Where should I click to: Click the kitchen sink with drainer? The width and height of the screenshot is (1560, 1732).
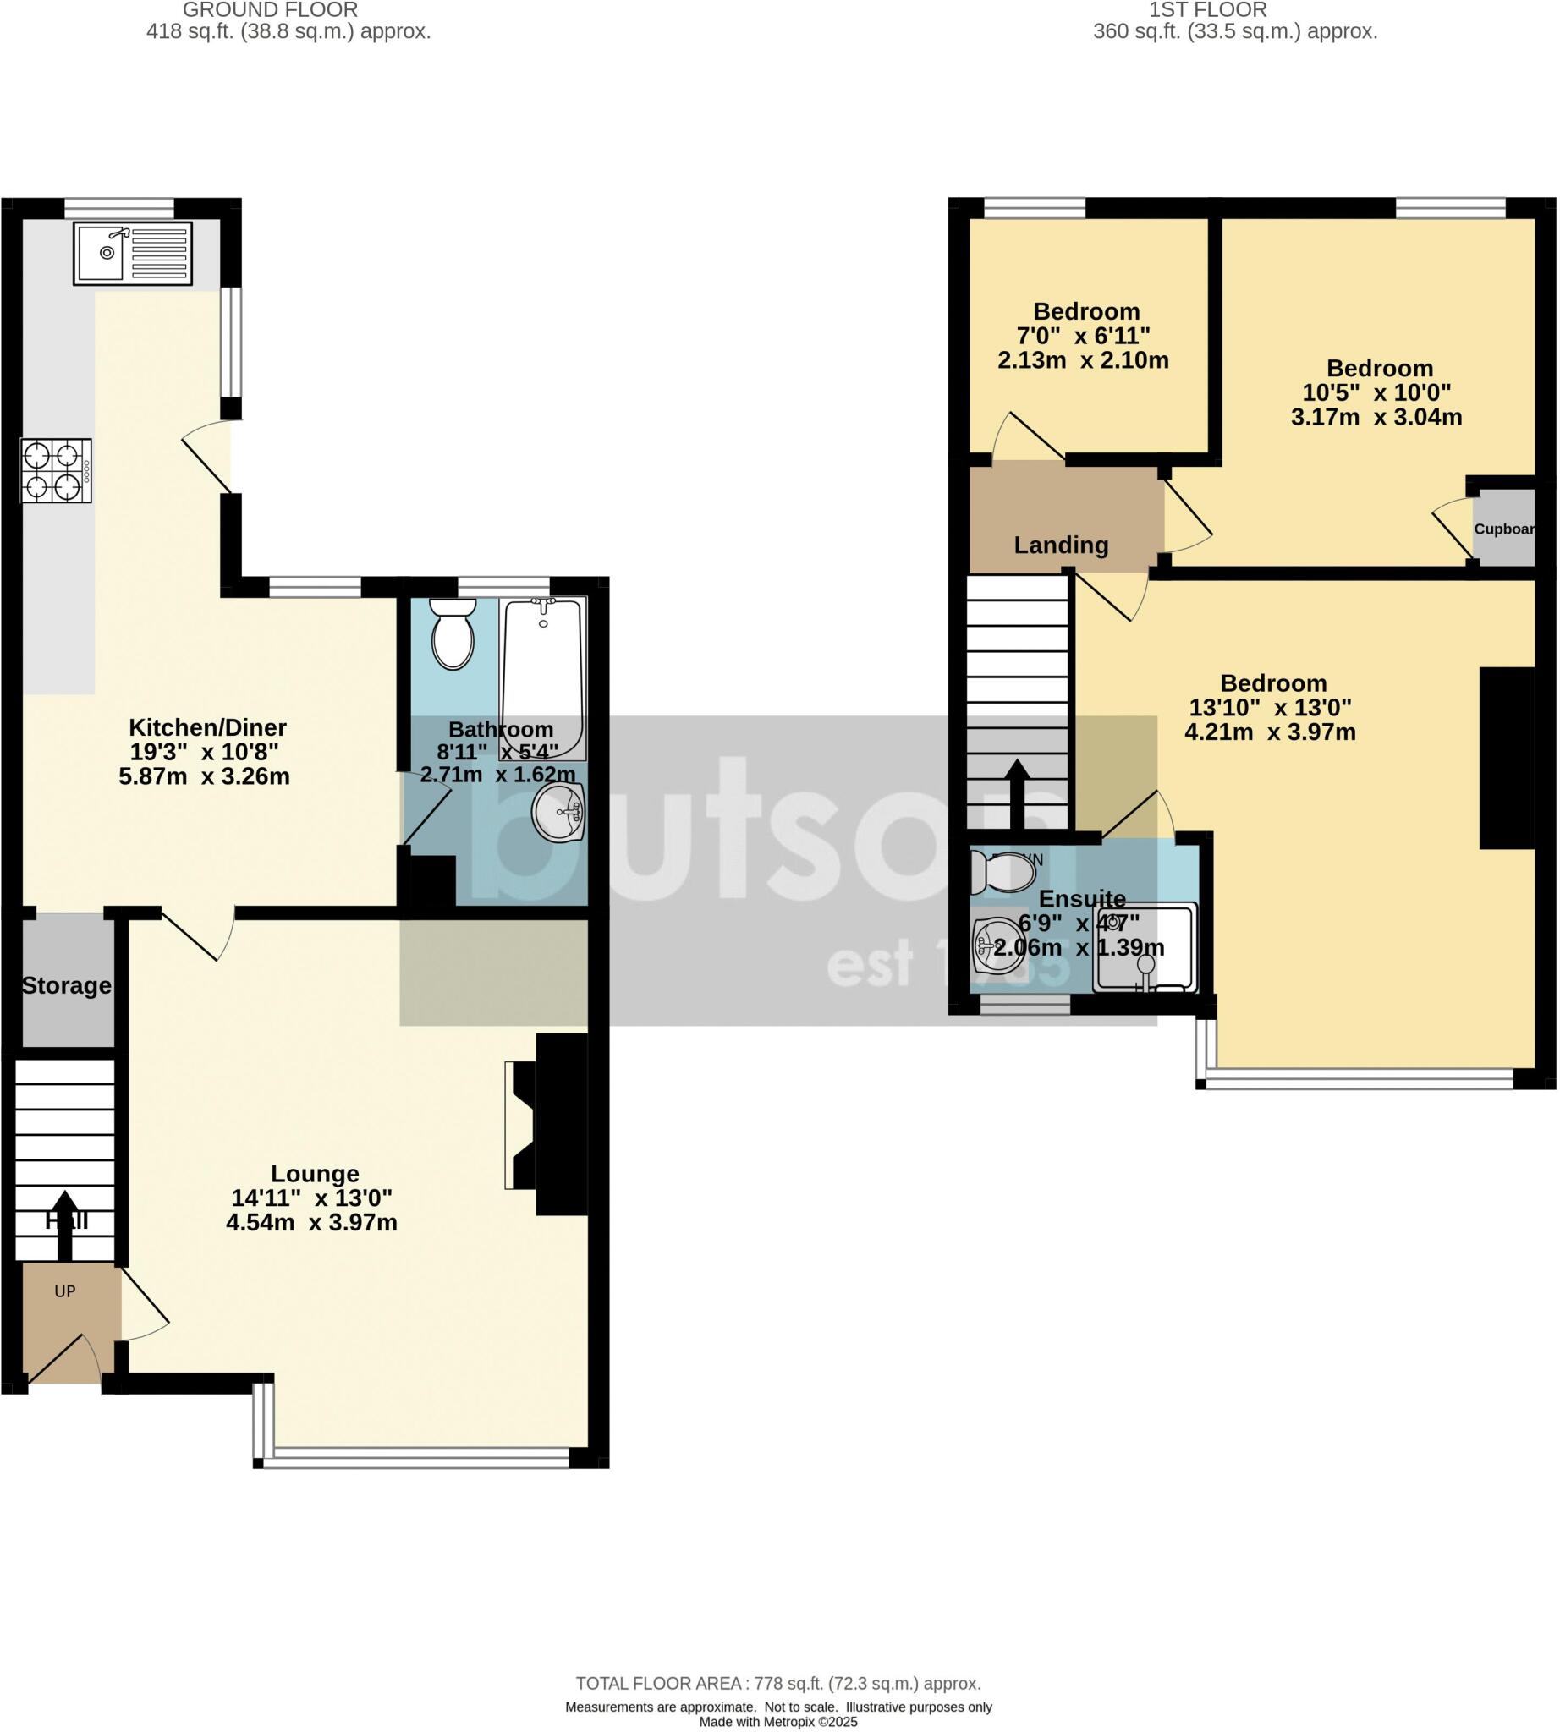coord(133,253)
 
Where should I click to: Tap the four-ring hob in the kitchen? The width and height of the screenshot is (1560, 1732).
coord(55,470)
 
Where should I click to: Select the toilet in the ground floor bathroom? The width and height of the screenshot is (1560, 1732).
coord(453,635)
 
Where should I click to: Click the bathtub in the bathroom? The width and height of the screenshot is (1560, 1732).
coord(543,677)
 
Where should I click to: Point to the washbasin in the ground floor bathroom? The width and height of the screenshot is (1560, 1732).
coord(558,811)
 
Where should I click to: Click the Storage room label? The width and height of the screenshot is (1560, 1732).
coord(66,985)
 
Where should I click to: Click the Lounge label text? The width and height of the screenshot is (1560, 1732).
coord(315,1173)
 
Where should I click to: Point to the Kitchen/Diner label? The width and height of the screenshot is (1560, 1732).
coord(207,727)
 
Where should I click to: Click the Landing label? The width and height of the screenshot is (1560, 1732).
coord(1061,545)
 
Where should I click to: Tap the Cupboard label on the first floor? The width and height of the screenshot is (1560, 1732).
coord(1503,529)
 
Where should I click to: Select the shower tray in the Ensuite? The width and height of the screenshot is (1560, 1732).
coord(1145,949)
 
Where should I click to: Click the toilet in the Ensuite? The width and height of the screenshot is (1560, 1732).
coord(1002,874)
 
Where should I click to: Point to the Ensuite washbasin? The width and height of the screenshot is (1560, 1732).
coord(994,946)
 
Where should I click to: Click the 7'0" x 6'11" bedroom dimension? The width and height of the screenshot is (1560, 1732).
coord(1084,335)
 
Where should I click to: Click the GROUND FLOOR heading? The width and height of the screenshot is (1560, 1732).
coord(270,10)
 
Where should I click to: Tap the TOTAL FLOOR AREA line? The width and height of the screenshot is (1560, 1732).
coord(777,1683)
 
